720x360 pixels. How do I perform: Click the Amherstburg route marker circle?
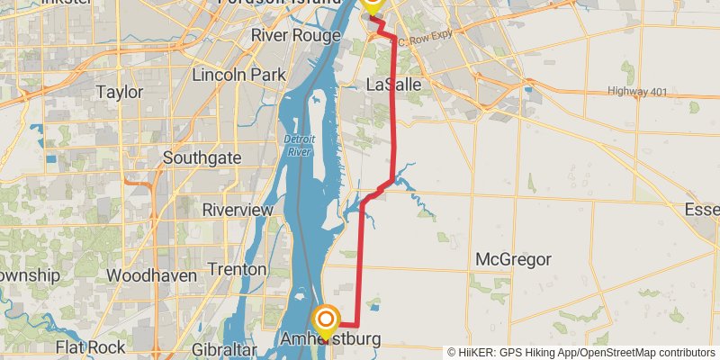(x=326, y=319)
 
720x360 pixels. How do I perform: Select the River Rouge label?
(x=295, y=35)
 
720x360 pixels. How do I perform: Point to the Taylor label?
(x=120, y=92)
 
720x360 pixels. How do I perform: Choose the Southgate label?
(x=202, y=157)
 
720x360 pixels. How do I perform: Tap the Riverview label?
(x=238, y=209)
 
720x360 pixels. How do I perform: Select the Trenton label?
(x=237, y=269)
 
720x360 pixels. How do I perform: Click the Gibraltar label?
(x=231, y=348)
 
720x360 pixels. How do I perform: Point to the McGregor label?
(x=513, y=260)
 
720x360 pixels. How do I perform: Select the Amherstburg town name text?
(x=330, y=340)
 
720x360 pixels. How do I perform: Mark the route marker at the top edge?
(x=372, y=3)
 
